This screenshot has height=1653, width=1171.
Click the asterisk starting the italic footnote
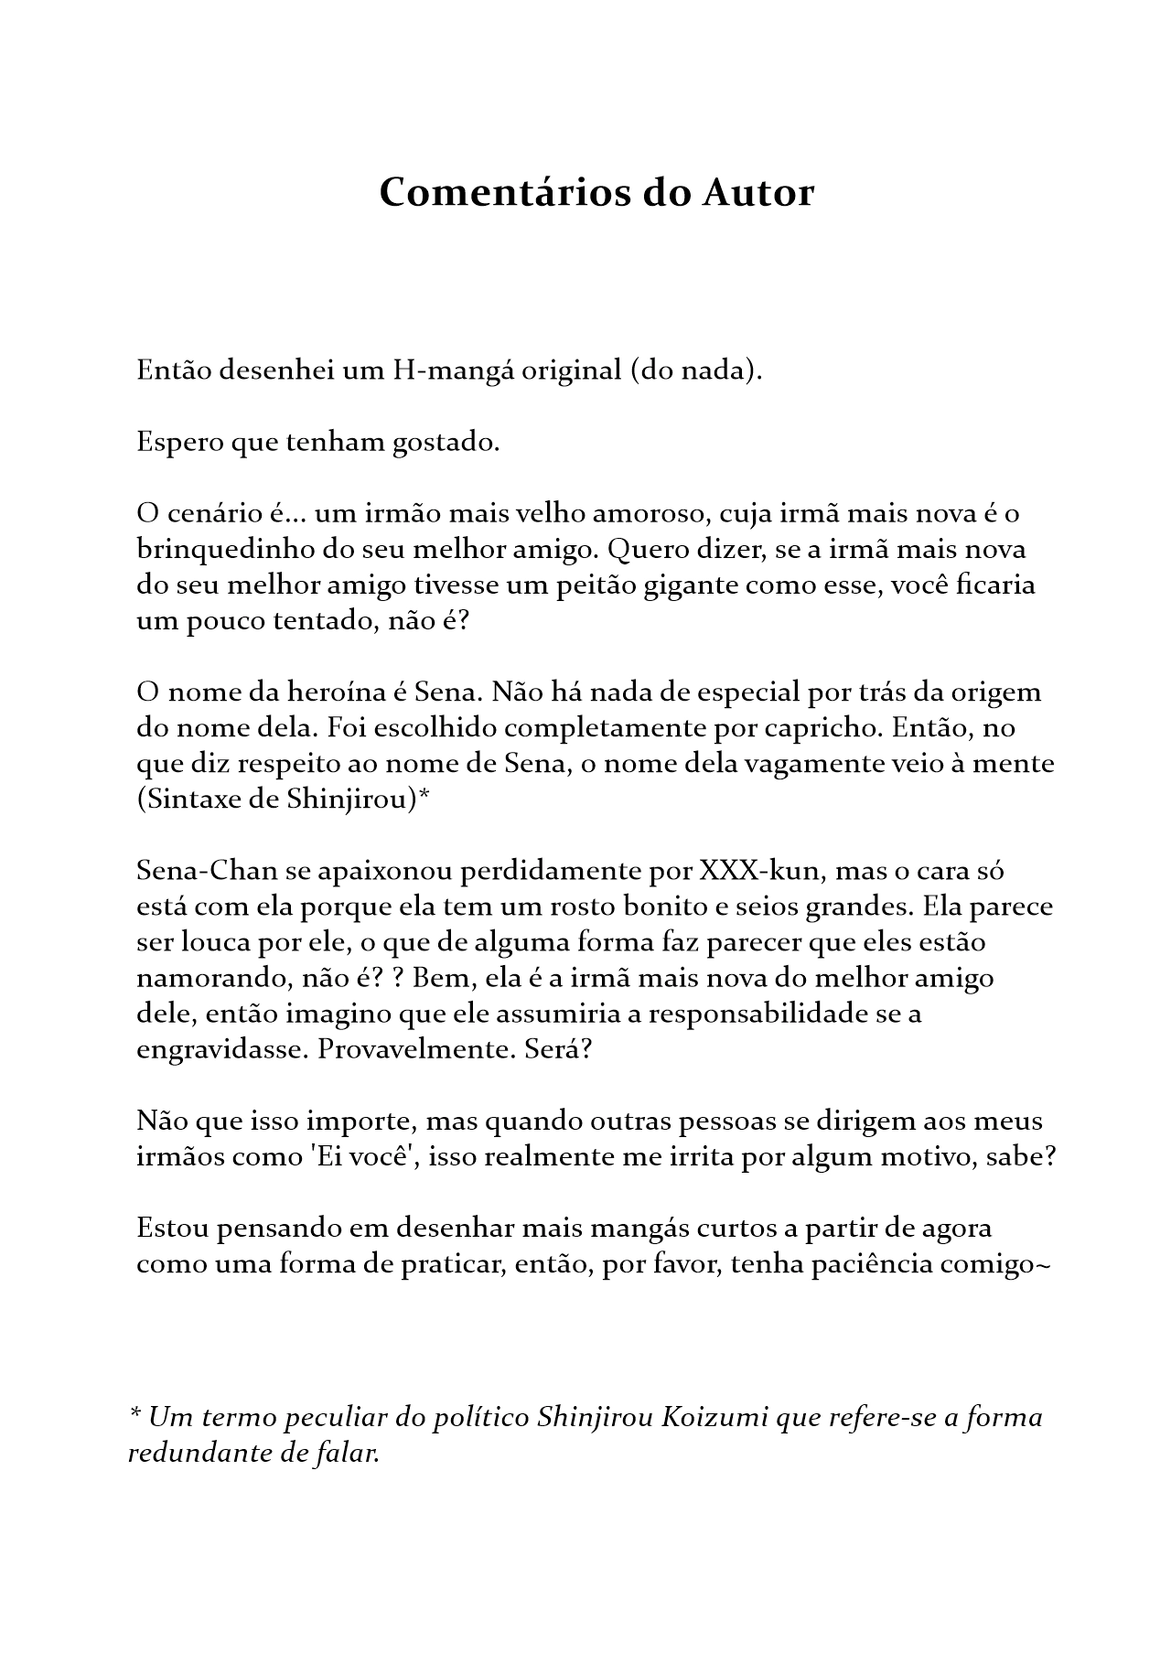click(x=134, y=1416)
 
